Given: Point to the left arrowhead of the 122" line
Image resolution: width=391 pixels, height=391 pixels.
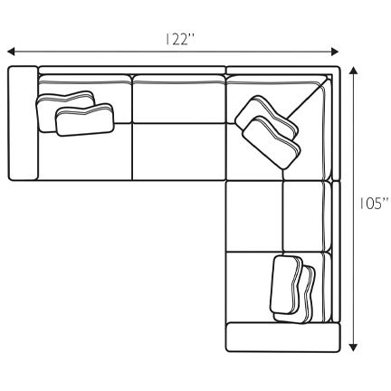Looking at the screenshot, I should pos(12,52).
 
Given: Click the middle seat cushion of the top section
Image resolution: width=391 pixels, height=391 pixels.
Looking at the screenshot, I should pos(177,149).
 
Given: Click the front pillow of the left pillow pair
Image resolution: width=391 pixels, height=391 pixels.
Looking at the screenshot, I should pos(84,120).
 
